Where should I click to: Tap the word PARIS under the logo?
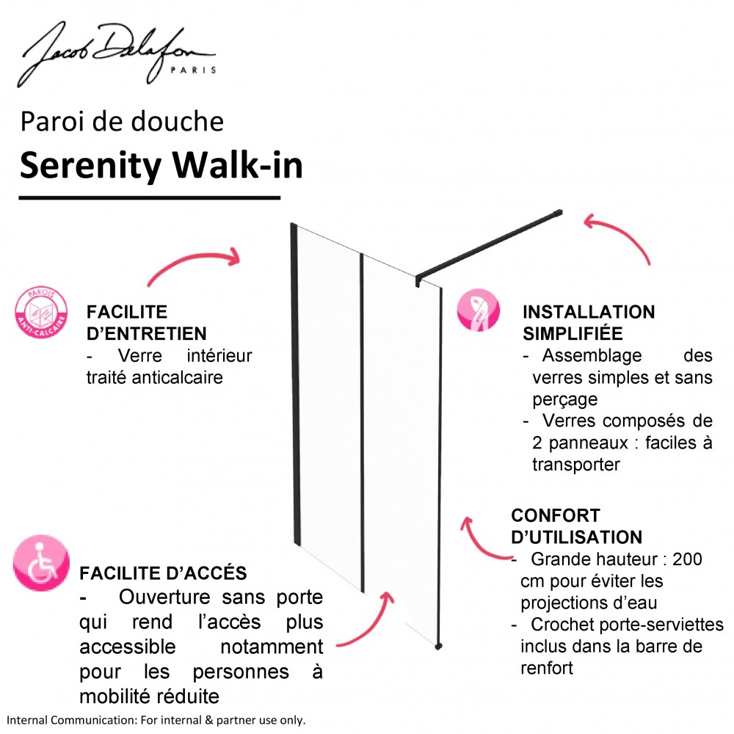tap(193, 70)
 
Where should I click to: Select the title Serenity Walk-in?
tap(161, 166)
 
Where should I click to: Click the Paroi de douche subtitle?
tap(122, 122)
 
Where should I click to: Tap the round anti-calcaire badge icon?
tap(40, 312)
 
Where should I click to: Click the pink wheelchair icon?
tap(40, 563)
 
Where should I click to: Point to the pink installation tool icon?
tap(478, 310)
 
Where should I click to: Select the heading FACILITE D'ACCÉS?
tap(163, 573)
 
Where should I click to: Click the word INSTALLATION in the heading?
tap(589, 312)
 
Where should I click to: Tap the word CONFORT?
tap(555, 515)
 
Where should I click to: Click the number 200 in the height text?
tap(687, 559)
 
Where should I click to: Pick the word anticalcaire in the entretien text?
tap(177, 377)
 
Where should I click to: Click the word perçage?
tap(565, 400)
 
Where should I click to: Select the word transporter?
tap(575, 465)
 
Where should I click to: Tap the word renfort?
tap(547, 668)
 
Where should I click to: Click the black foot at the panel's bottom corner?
tap(438, 646)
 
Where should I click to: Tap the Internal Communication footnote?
tap(156, 720)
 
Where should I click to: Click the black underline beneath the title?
tap(149, 198)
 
